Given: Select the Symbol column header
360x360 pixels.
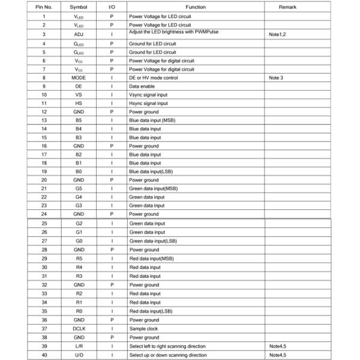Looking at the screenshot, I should click(79, 6).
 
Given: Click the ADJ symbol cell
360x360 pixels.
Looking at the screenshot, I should click(79, 35).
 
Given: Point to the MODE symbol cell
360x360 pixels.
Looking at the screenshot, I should click(79, 78).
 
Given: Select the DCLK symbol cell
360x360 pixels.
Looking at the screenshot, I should click(79, 329).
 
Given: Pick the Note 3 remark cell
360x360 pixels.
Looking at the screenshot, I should click(276, 78).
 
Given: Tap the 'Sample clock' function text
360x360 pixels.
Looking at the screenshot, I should click(144, 329).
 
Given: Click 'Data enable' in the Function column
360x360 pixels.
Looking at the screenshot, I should click(142, 86).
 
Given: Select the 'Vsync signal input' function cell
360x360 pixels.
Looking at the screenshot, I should click(149, 95).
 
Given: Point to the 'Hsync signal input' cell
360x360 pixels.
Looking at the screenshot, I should click(149, 103).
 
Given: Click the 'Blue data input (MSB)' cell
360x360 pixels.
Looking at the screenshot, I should click(152, 120).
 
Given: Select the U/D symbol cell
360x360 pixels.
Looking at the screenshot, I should click(79, 355).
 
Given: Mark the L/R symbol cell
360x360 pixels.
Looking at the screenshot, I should click(79, 346).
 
